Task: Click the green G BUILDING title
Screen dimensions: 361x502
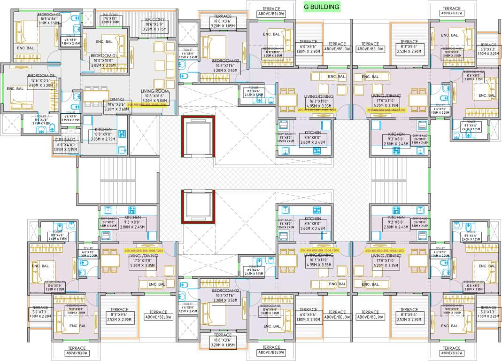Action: point(322,7)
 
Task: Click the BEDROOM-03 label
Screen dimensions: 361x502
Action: point(41,76)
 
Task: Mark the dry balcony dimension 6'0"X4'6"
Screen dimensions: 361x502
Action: point(66,148)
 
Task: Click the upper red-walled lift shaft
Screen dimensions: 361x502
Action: point(197,138)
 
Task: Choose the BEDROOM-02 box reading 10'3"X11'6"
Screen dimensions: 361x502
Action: point(48,19)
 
